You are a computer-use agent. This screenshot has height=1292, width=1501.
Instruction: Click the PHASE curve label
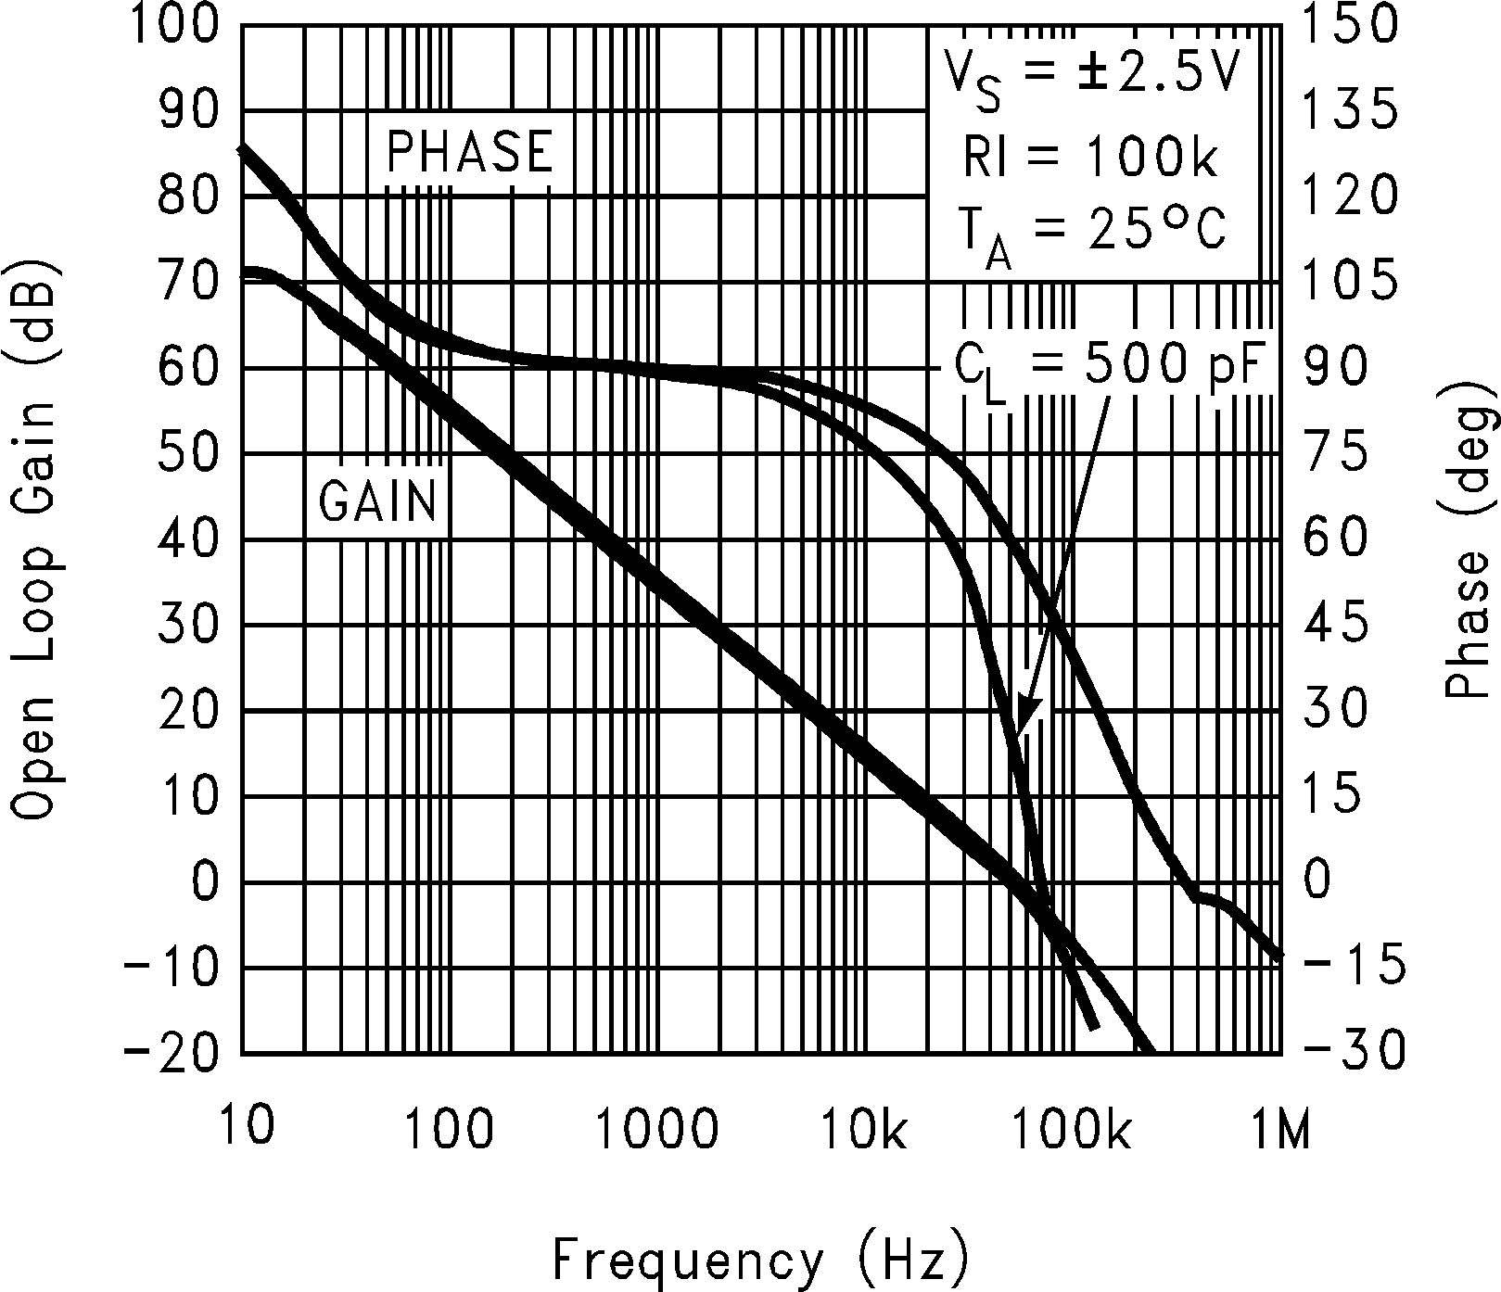(470, 152)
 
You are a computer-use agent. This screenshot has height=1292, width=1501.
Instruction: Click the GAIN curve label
(377, 501)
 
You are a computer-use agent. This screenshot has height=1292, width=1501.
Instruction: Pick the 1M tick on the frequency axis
(1279, 1132)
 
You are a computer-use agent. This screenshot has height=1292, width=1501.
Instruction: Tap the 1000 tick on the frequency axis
(658, 1132)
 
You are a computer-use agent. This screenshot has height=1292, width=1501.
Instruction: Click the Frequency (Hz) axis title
(762, 1260)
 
